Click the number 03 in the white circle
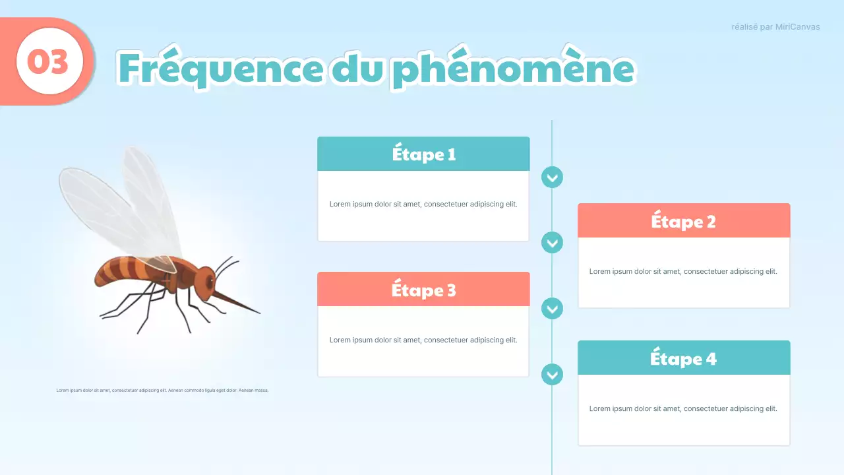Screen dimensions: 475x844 pos(48,62)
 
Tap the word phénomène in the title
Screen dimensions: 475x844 pos(512,69)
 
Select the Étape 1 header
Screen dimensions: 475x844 pos(423,154)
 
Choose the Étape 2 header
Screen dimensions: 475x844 pos(683,221)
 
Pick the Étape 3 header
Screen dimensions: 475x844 pos(423,290)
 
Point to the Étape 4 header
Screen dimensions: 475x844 pos(683,358)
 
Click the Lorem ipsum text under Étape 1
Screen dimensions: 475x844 pos(423,204)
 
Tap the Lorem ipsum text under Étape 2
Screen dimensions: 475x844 pos(683,271)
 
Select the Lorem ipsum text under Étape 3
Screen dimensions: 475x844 pos(423,340)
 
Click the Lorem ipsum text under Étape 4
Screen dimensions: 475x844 pos(683,408)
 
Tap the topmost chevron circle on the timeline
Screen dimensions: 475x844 pos(552,177)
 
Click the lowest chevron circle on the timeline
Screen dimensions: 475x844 pos(552,375)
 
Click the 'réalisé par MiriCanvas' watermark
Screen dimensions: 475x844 pos(775,27)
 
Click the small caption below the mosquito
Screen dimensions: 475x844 pos(162,390)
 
